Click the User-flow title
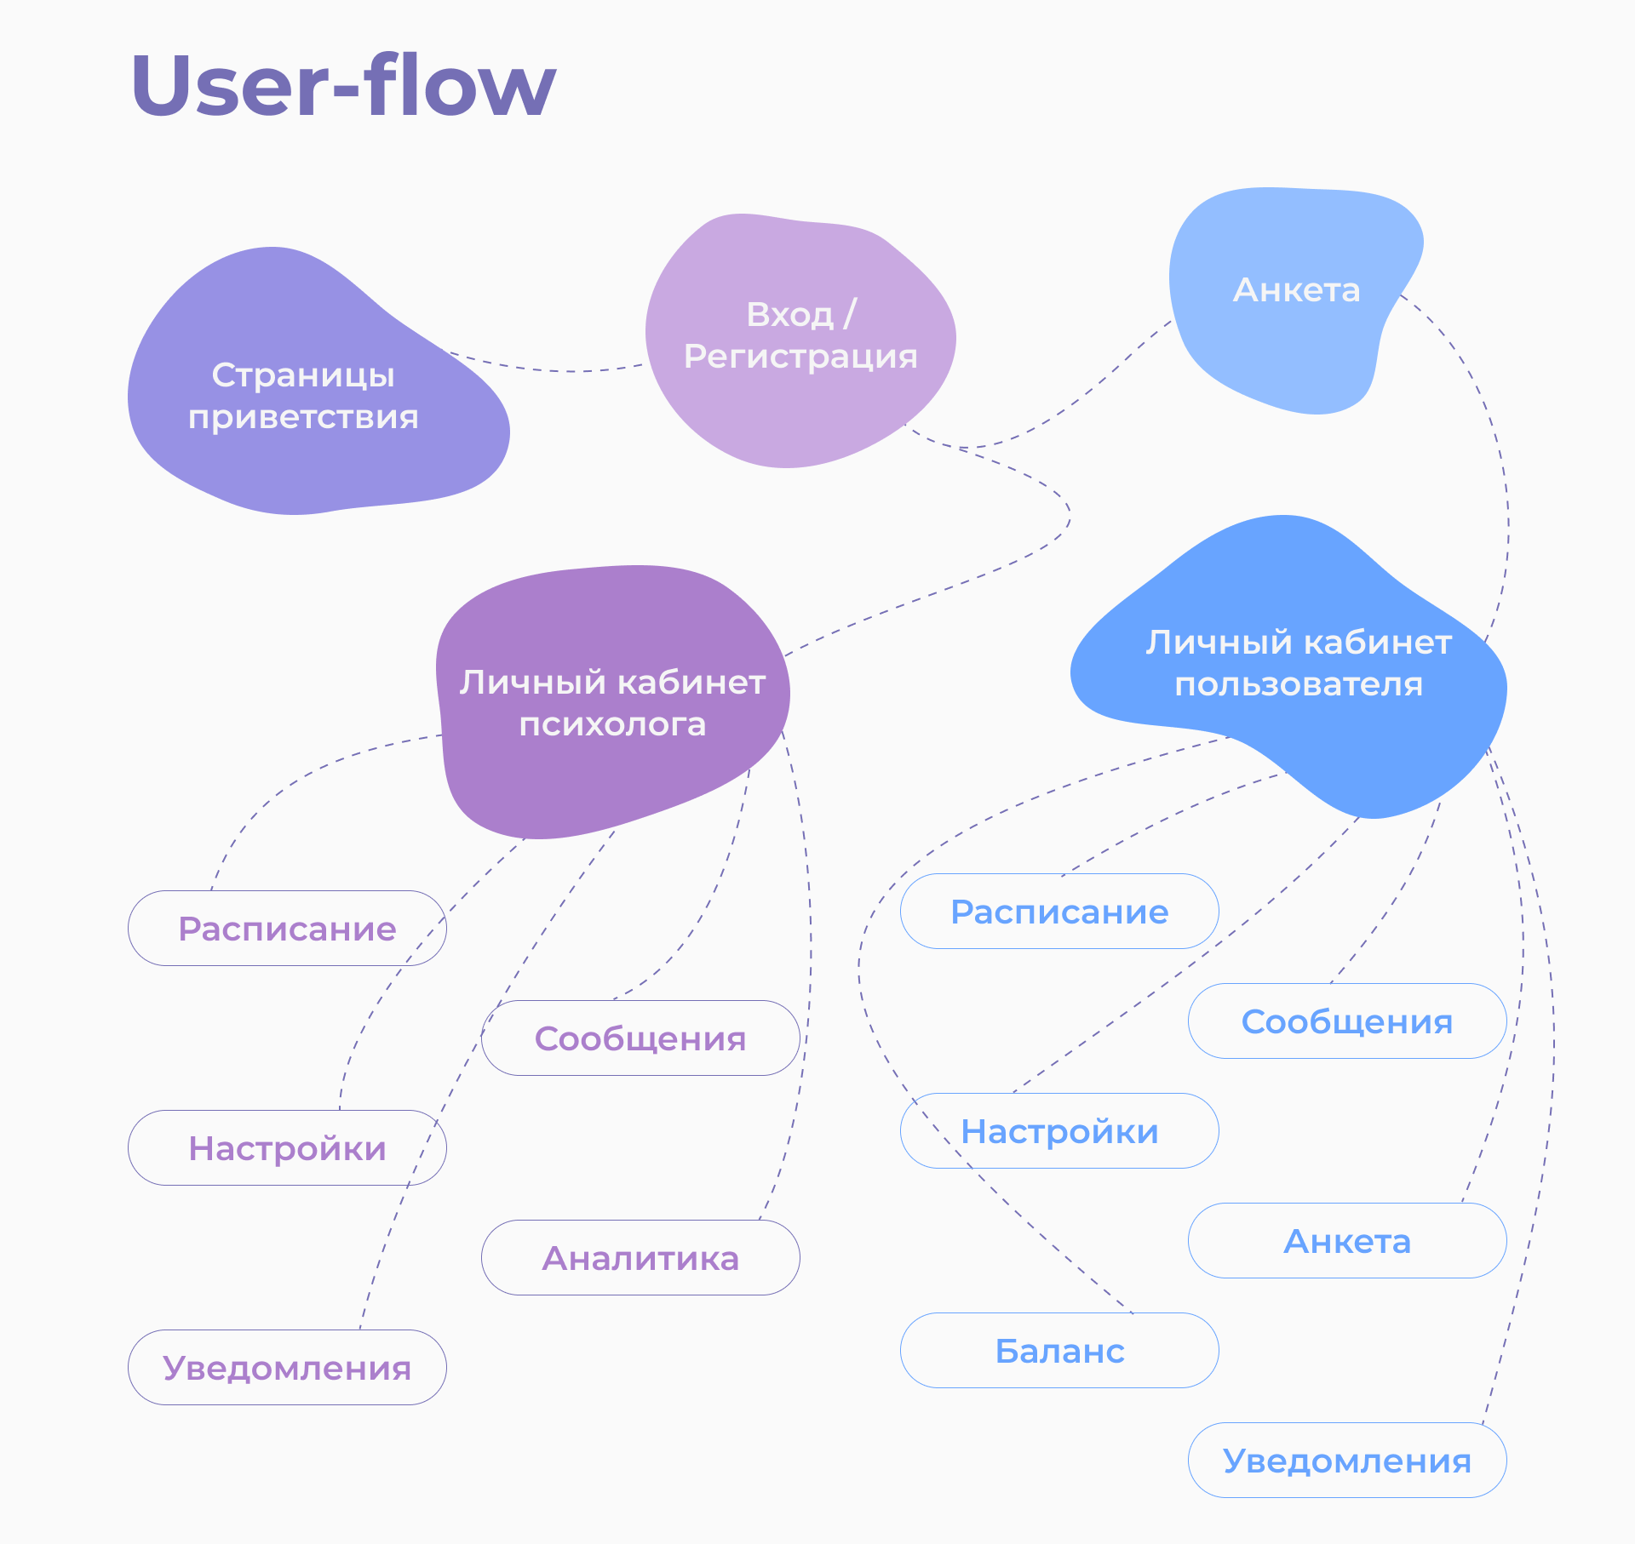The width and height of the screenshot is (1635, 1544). (x=343, y=85)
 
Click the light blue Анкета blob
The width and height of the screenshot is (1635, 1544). (x=1296, y=294)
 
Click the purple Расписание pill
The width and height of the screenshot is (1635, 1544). (x=287, y=929)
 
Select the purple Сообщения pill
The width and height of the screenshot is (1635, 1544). (x=640, y=1038)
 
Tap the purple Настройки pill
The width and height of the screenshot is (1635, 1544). (x=287, y=1148)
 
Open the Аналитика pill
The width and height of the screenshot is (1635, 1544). (x=640, y=1258)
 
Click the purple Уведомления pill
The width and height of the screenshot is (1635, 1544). (x=287, y=1368)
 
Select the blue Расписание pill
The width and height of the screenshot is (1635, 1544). (x=1059, y=912)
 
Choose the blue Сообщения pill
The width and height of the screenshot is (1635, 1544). (x=1347, y=1021)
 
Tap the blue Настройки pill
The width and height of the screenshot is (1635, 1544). (x=1059, y=1131)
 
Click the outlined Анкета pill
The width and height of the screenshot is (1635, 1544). (x=1347, y=1241)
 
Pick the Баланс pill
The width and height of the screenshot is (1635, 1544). (x=1059, y=1351)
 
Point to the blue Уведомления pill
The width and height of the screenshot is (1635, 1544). (x=1347, y=1461)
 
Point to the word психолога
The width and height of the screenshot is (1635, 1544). (x=613, y=724)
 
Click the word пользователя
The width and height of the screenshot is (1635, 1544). (x=1299, y=684)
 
